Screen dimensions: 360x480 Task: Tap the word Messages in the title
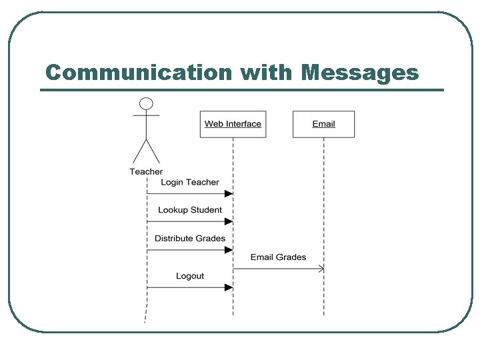pyautogui.click(x=360, y=72)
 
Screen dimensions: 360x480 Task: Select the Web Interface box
pyautogui.click(x=233, y=124)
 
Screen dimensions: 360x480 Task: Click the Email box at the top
pyautogui.click(x=324, y=124)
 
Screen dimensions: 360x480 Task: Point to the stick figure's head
pyautogui.click(x=146, y=103)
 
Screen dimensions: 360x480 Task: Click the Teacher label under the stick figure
pyautogui.click(x=146, y=172)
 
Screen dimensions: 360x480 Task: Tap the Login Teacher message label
pyautogui.click(x=190, y=182)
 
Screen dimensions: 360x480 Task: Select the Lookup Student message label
pyautogui.click(x=190, y=210)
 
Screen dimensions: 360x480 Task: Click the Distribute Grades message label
pyautogui.click(x=190, y=238)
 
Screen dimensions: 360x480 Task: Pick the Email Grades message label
pyautogui.click(x=278, y=257)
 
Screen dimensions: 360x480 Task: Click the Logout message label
pyautogui.click(x=190, y=276)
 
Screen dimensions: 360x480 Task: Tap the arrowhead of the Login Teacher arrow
pyautogui.click(x=229, y=193)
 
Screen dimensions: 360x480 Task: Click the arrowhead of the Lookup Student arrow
pyautogui.click(x=229, y=221)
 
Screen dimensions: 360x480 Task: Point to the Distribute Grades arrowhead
pyautogui.click(x=229, y=250)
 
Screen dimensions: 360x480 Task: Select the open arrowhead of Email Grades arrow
pyautogui.click(x=321, y=269)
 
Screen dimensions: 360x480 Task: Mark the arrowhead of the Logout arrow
pyautogui.click(x=229, y=287)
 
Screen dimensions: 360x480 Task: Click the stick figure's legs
pyautogui.click(x=146, y=151)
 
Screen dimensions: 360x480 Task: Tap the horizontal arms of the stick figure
pyautogui.click(x=146, y=115)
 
